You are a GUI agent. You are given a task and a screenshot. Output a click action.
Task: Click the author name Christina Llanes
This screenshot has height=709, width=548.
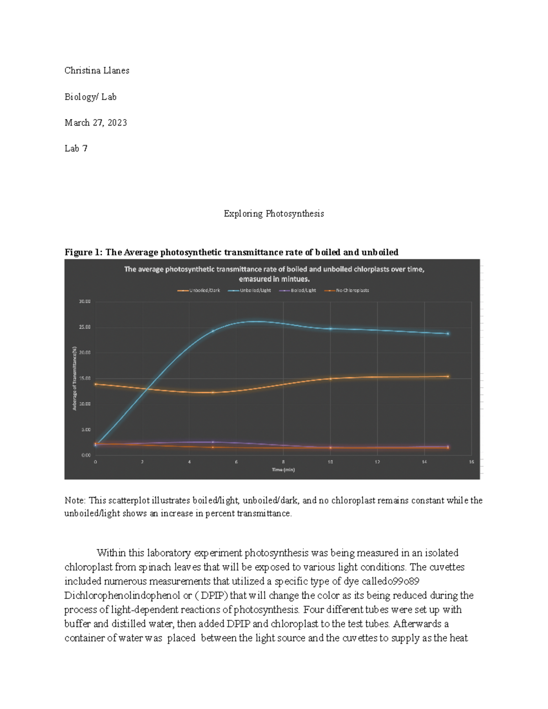pyautogui.click(x=97, y=70)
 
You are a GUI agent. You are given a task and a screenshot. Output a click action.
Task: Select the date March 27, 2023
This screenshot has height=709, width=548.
pyautogui.click(x=96, y=122)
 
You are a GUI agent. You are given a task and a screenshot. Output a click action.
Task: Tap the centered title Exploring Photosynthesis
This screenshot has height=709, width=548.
pyautogui.click(x=274, y=214)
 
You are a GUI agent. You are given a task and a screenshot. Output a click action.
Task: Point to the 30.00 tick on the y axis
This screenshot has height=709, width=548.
pyautogui.click(x=84, y=301)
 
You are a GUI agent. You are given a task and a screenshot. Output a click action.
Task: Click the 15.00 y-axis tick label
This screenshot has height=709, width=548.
pyautogui.click(x=84, y=378)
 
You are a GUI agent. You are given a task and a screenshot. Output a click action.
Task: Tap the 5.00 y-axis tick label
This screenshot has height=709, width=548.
pyautogui.click(x=86, y=430)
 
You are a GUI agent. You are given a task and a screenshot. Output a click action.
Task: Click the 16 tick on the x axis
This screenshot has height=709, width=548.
pyautogui.click(x=471, y=462)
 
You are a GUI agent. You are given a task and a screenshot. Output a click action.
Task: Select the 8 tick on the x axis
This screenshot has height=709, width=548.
pyautogui.click(x=283, y=462)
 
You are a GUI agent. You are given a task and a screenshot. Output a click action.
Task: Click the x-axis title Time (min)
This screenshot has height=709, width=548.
pyautogui.click(x=283, y=470)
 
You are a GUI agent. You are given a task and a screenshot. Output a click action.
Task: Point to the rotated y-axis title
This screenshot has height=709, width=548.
pyautogui.click(x=74, y=378)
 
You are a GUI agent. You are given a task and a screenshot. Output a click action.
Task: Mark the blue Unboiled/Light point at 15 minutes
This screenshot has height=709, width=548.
pyautogui.click(x=448, y=334)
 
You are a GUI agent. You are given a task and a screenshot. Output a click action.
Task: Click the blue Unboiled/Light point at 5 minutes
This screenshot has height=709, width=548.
pyautogui.click(x=213, y=331)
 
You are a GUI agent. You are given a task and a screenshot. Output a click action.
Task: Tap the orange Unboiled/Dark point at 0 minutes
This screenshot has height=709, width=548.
pyautogui.click(x=95, y=384)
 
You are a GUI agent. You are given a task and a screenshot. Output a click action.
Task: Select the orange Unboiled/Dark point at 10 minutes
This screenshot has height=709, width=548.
pyautogui.click(x=331, y=378)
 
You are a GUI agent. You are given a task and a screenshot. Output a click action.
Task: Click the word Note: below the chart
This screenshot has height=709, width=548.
pyautogui.click(x=75, y=500)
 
